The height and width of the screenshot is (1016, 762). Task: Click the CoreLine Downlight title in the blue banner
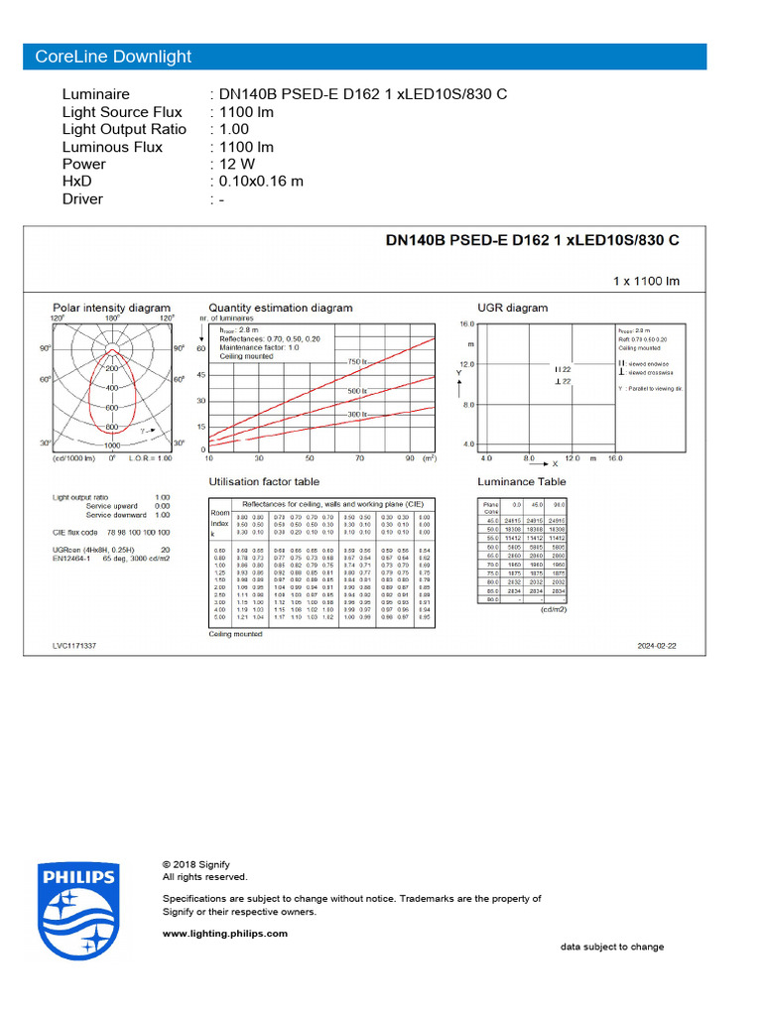113,57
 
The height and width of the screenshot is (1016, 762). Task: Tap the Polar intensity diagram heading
111,309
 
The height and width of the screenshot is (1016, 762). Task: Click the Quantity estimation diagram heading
281,309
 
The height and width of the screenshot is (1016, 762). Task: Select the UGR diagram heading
512,309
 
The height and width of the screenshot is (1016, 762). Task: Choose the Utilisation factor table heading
264,482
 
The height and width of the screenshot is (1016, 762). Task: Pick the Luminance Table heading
522,482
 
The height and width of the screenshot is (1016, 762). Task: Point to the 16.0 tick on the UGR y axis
467,324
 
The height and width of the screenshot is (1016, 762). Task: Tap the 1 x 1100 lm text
646,282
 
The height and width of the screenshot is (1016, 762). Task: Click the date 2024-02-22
657,646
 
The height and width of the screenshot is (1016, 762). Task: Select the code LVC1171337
74,646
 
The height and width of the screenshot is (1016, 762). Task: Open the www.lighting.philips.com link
224,934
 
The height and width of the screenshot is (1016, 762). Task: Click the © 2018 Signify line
196,864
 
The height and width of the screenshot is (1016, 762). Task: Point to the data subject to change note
612,947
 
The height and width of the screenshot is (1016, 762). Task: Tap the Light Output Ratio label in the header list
124,129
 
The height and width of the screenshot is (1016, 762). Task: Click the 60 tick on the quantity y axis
199,349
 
